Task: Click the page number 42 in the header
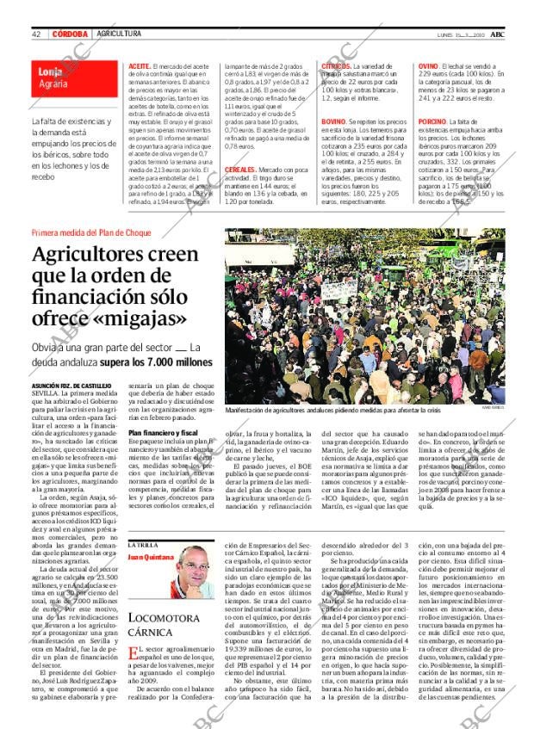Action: (x=37, y=34)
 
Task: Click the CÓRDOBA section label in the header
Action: (x=71, y=34)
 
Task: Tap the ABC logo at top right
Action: (x=497, y=33)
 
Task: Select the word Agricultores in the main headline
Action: (x=96, y=255)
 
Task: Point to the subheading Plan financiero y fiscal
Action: (x=164, y=431)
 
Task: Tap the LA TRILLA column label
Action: (x=141, y=546)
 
